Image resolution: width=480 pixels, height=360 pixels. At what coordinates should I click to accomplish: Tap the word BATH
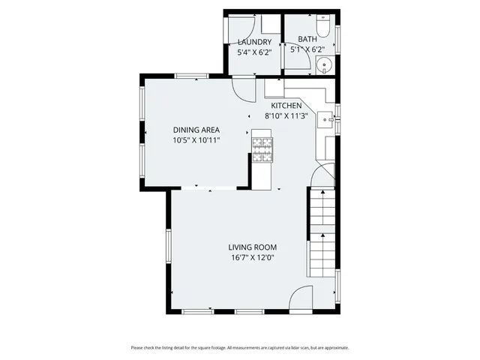point(307,39)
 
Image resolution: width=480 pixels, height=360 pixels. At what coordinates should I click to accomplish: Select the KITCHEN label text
point(281,106)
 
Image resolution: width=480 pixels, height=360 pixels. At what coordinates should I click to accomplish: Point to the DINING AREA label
point(196,130)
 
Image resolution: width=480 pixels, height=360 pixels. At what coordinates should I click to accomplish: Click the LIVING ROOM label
point(253,247)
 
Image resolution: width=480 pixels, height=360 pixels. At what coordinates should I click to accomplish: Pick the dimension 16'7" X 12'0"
point(253,258)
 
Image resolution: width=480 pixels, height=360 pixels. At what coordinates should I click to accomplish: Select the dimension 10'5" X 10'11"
point(196,140)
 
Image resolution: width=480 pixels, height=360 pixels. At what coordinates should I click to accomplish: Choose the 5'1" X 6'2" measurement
point(307,49)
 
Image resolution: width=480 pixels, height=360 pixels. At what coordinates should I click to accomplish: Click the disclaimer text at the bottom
point(240,347)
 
